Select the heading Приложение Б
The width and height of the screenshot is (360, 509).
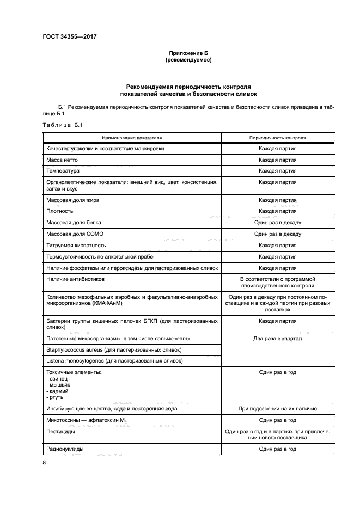188,53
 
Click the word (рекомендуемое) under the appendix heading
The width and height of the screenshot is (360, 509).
188,60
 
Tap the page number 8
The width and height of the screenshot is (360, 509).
44,462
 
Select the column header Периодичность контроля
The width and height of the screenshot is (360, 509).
277,138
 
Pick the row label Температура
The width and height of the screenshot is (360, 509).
63,171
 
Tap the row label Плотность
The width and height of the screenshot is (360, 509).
62,211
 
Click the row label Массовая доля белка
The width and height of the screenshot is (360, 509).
74,223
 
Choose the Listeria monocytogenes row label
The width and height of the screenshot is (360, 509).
114,361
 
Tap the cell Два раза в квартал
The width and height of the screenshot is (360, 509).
277,339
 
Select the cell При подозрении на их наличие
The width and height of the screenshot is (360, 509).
277,408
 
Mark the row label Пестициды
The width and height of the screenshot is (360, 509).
61,431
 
